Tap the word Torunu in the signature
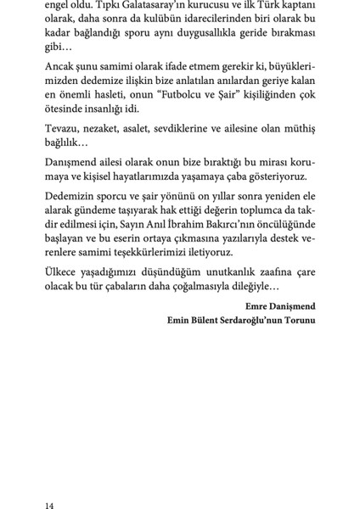click(x=297, y=320)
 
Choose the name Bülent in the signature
click(x=200, y=320)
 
